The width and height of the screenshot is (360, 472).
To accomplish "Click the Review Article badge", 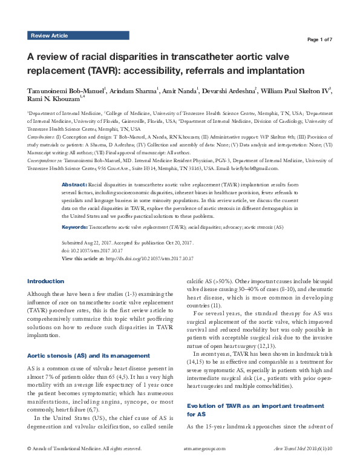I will (50, 36).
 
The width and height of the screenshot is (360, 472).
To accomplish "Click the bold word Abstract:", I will (74, 166).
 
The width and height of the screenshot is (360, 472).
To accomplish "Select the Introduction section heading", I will (46, 281).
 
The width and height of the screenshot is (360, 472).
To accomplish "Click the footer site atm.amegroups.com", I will (203, 466).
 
